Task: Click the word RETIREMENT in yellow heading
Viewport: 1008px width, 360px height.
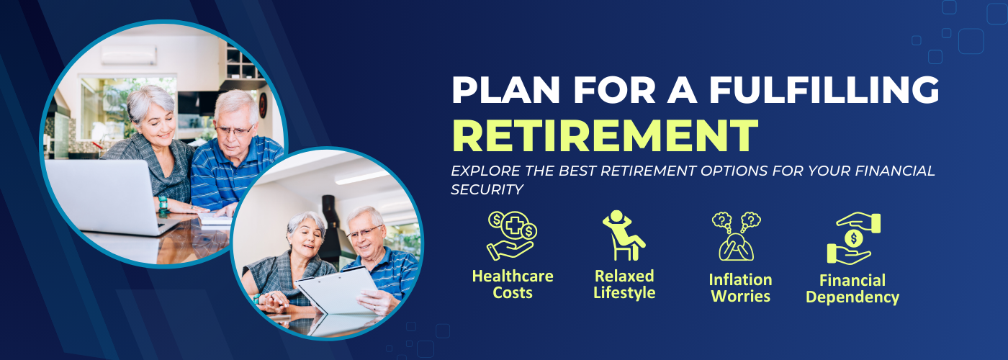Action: point(606,135)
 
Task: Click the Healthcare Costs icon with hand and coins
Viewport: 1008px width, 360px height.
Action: point(512,235)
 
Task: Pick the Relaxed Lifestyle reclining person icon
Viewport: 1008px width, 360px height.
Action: point(624,235)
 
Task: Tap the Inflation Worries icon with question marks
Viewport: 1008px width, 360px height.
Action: point(736,236)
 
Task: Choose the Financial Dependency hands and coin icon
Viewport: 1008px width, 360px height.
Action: point(853,238)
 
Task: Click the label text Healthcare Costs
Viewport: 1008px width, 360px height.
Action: point(513,284)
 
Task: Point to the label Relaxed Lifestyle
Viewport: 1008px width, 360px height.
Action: point(624,284)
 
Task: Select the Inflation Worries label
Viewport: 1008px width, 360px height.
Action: point(740,288)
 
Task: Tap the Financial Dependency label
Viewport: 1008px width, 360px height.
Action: point(852,289)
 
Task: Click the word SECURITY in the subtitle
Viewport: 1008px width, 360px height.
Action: point(487,189)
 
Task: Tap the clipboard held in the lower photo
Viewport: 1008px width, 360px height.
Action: point(337,289)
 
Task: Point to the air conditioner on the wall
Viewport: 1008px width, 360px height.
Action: point(129,55)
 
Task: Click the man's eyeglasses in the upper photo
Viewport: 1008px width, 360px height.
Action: point(234,131)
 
